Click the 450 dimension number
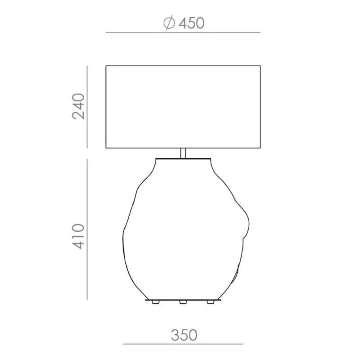(x=192, y=23)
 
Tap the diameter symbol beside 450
(x=169, y=23)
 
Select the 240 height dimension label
(x=78, y=106)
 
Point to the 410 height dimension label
(x=78, y=236)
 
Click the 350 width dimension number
(x=184, y=335)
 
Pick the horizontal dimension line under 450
(x=183, y=32)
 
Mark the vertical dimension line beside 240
(x=87, y=107)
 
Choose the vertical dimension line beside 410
(x=87, y=229)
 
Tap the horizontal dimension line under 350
(x=183, y=344)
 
